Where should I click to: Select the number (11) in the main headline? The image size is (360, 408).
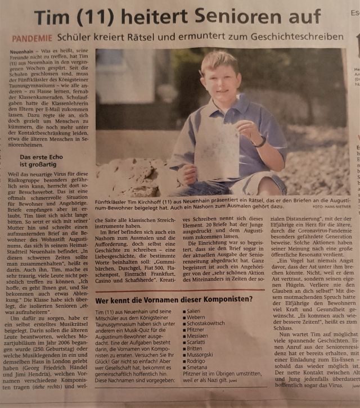tap(101, 17)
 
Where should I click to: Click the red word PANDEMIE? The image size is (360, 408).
tap(34, 38)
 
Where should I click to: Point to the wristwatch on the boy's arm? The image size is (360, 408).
tap(259, 142)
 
